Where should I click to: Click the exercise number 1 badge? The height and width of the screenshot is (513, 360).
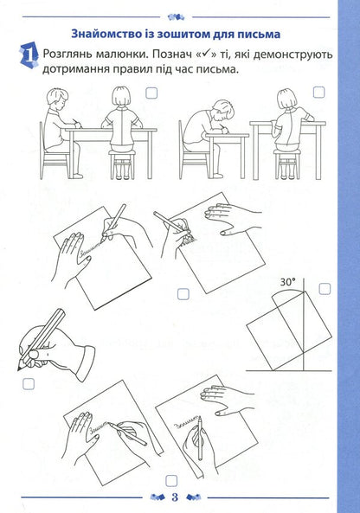pos(29,55)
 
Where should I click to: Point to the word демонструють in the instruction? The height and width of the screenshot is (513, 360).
pos(292,55)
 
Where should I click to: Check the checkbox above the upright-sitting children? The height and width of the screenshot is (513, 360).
pos(151,93)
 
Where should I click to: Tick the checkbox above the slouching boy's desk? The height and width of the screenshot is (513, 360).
pos(318,92)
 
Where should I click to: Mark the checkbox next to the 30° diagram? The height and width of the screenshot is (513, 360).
pos(325,289)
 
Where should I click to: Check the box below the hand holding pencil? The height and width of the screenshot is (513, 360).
pos(29,384)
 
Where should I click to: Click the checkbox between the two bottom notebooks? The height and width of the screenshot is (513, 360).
pos(171,481)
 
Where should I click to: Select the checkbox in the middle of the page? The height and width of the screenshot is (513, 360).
pos(183,294)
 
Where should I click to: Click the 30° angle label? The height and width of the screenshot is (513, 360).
pos(287,282)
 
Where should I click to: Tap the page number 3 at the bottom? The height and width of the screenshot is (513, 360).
pos(175,497)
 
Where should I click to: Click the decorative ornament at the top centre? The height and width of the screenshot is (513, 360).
pos(176,16)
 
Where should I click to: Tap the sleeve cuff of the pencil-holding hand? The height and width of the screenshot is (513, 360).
pos(86,361)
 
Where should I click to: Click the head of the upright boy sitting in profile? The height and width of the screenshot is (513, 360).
pos(58,96)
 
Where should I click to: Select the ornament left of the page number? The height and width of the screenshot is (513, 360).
pos(158,497)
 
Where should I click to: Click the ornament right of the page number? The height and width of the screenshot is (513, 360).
pos(193,497)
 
